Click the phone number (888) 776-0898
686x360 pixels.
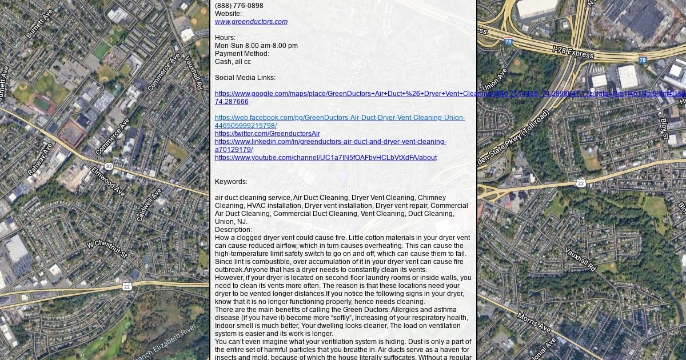pyautogui.click(x=239, y=6)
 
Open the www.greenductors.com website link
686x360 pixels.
pyautogui.click(x=251, y=22)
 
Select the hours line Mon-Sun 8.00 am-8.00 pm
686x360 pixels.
pyautogui.click(x=256, y=46)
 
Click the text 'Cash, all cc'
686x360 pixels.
pyautogui.click(x=233, y=62)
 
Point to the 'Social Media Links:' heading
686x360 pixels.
pyautogui.click(x=245, y=78)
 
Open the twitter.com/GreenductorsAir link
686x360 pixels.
pyautogui.click(x=267, y=134)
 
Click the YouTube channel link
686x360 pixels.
pyautogui.click(x=325, y=158)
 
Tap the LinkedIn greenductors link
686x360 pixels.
pyautogui.click(x=330, y=142)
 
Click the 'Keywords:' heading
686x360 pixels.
pyautogui.click(x=231, y=182)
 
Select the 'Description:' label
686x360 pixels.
pyautogui.click(x=233, y=230)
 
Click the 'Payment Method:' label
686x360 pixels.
pyautogui.click(x=242, y=54)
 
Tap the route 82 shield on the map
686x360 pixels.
pyautogui.click(x=109, y=166)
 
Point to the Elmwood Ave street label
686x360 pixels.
pyautogui.click(x=108, y=181)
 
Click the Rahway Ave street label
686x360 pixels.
pyautogui.click(x=39, y=158)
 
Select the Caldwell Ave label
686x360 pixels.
pyautogui.click(x=148, y=205)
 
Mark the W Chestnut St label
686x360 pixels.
pyautogui.click(x=106, y=249)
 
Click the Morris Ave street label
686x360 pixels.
pyautogui.click(x=533, y=322)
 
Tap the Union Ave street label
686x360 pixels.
pyautogui.click(x=494, y=79)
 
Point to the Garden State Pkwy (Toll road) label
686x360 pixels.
pyautogui.click(x=509, y=140)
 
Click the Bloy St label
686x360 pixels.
pyautogui.click(x=664, y=129)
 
